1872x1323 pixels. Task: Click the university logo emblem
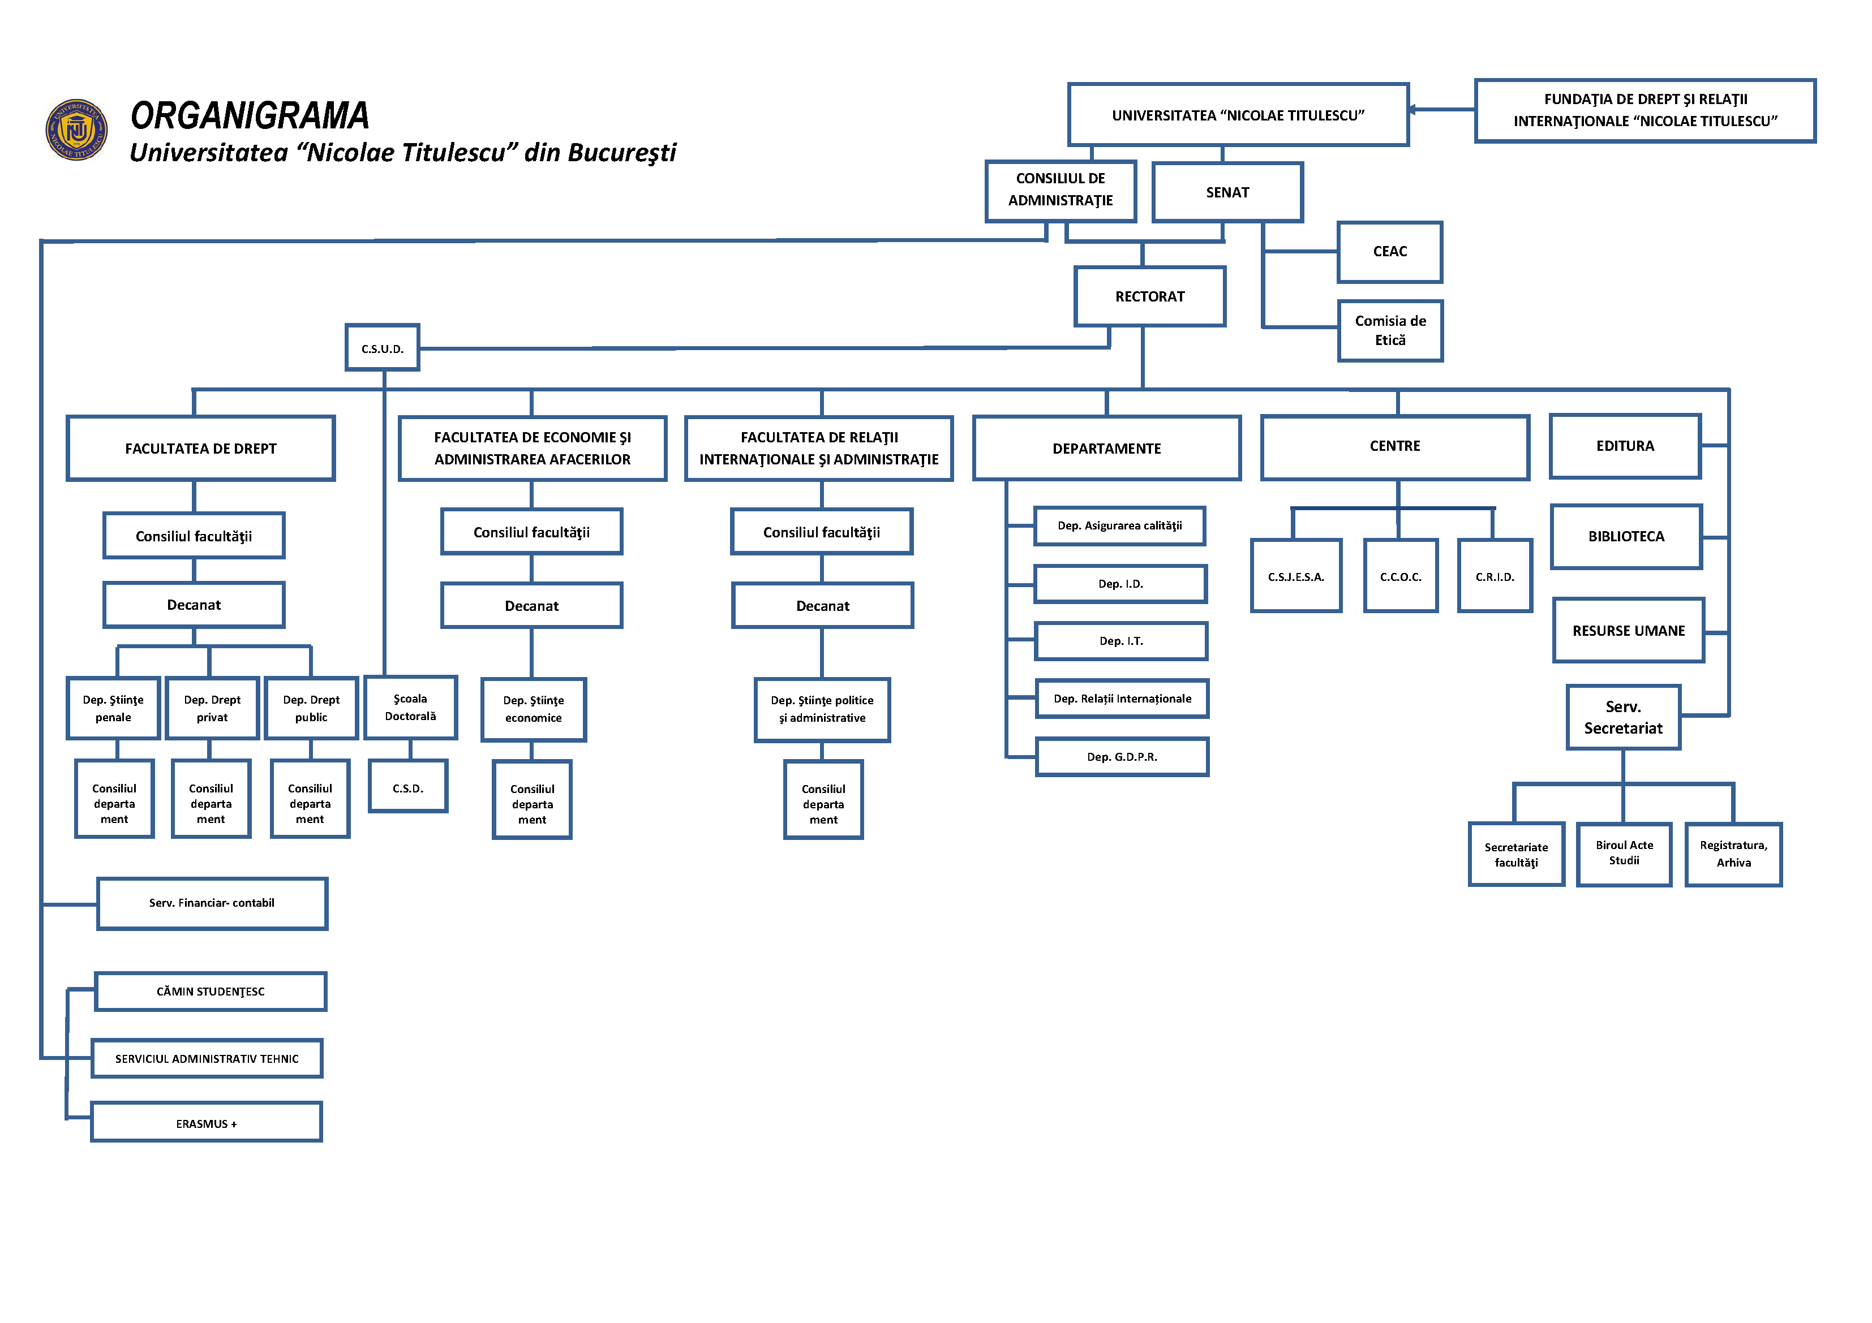coord(76,130)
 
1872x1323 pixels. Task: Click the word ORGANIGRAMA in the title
coord(250,116)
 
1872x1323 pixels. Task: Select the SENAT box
coord(1226,192)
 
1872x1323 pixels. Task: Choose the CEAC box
coord(1389,252)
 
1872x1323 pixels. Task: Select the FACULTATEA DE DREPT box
coord(200,449)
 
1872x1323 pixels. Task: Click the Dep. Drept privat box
coord(212,708)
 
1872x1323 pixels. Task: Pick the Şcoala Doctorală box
coord(410,708)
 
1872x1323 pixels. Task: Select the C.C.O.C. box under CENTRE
coord(1400,576)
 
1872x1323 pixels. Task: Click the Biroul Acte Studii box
coord(1624,854)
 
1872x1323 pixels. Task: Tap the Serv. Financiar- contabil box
coord(212,903)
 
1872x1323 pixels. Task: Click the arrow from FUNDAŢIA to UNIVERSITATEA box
coord(1440,109)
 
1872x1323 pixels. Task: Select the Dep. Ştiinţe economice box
coord(533,709)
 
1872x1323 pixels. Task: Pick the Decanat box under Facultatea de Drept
coord(194,605)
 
